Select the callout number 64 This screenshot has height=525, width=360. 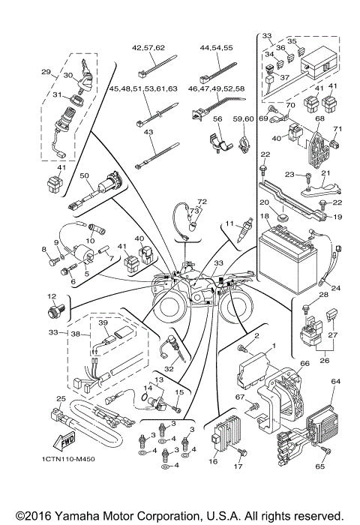click(336, 381)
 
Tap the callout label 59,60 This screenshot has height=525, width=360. click(243, 118)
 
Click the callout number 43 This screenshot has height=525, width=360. click(148, 132)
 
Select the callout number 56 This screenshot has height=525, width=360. click(217, 118)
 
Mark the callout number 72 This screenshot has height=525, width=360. click(201, 202)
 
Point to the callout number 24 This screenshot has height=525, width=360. click(335, 289)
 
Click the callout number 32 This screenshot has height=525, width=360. click(169, 369)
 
